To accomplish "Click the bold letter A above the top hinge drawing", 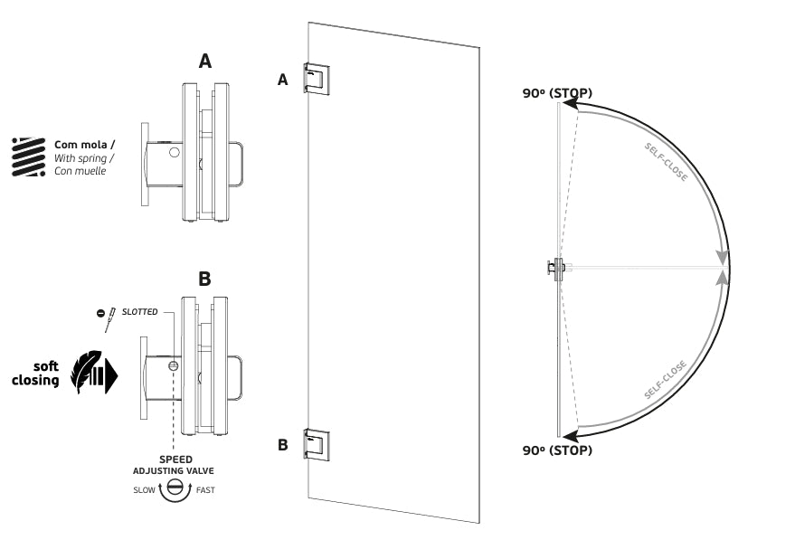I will (x=205, y=61).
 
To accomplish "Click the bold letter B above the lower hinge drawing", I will (x=204, y=278).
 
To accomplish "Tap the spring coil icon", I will (x=28, y=156).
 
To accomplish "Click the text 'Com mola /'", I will (x=84, y=145).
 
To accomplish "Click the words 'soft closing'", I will (x=36, y=374).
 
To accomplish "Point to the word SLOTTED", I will (x=139, y=312).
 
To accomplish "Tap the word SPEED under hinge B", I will (x=175, y=459).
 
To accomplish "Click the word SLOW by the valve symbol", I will (x=143, y=490).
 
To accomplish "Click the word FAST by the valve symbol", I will (x=205, y=490).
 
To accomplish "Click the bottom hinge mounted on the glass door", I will (x=317, y=443).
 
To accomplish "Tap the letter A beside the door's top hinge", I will (x=282, y=81).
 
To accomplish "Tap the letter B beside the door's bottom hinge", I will (x=282, y=445).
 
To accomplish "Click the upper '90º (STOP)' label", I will (x=556, y=92).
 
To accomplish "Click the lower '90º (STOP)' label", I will (x=556, y=450).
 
